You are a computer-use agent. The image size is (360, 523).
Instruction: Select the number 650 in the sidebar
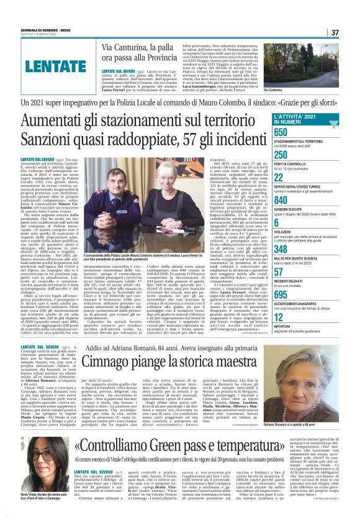(281, 132)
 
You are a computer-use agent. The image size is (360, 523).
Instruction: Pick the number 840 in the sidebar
(282, 201)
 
